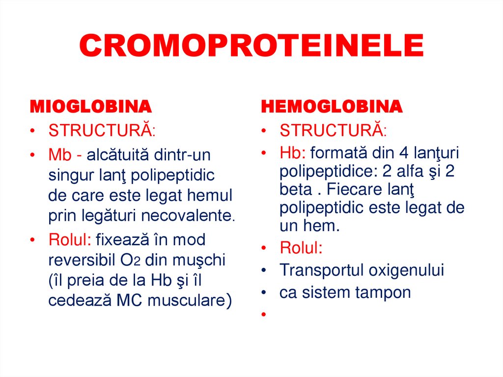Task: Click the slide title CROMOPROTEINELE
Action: [251, 46]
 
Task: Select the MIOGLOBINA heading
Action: [91, 107]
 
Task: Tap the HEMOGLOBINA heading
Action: [332, 107]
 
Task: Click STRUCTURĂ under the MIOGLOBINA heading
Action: [102, 131]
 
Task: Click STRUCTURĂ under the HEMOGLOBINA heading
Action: [333, 131]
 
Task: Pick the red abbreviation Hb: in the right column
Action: [293, 153]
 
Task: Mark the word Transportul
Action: [321, 270]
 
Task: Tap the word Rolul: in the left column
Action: [70, 240]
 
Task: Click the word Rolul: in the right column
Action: [301, 248]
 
